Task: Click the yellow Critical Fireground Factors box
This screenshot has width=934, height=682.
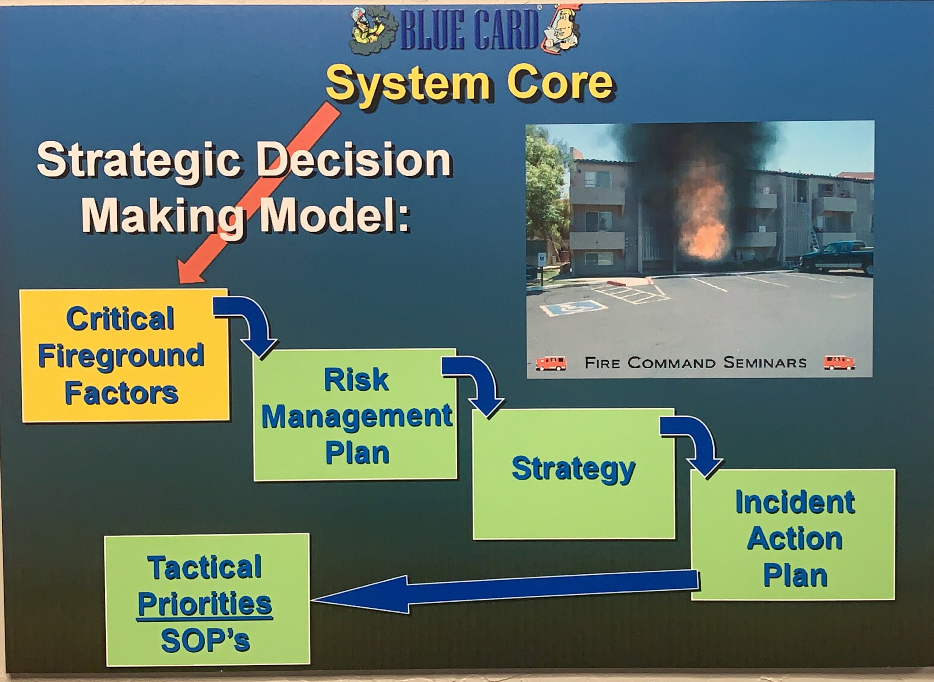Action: point(124,355)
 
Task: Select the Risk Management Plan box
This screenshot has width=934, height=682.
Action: point(355,415)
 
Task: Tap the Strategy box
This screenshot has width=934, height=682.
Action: point(573,474)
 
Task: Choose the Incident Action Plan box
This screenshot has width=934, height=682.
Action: point(793,534)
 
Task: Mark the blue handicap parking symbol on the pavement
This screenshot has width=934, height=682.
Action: point(573,308)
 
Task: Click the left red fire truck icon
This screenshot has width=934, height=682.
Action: point(551,363)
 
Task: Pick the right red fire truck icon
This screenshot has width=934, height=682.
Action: point(839,363)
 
